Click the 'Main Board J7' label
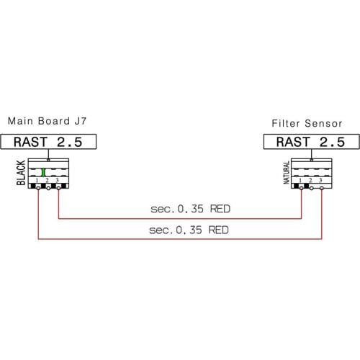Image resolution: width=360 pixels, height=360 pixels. [47, 121]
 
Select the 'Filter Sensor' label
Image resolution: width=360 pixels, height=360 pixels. [307, 123]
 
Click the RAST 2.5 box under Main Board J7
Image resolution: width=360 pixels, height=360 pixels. [48, 142]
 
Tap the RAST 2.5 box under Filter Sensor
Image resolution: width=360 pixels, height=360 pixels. [312, 142]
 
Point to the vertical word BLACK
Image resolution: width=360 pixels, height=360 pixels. [21, 173]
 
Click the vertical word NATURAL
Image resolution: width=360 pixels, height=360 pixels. [287, 173]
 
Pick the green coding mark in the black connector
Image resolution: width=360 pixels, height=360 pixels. [43, 172]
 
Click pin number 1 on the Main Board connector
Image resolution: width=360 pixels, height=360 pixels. [37, 180]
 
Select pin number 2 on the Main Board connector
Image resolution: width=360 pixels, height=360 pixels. [47, 180]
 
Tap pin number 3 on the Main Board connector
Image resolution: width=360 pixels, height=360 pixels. [57, 180]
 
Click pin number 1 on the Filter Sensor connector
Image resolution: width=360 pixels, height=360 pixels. [300, 180]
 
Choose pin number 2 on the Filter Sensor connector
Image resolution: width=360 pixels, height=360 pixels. [310, 180]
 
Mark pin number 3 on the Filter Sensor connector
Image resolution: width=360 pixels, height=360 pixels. [320, 180]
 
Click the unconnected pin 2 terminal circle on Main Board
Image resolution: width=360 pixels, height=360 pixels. [48, 188]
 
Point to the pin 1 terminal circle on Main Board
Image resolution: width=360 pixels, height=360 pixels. [38, 188]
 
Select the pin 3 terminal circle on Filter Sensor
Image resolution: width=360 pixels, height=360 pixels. [322, 188]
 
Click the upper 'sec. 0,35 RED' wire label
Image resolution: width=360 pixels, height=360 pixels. [190, 209]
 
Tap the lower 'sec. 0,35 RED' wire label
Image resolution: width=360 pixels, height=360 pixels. [189, 230]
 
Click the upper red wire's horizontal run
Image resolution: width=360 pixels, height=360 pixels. [180, 219]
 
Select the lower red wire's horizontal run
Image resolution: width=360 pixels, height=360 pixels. [180, 239]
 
